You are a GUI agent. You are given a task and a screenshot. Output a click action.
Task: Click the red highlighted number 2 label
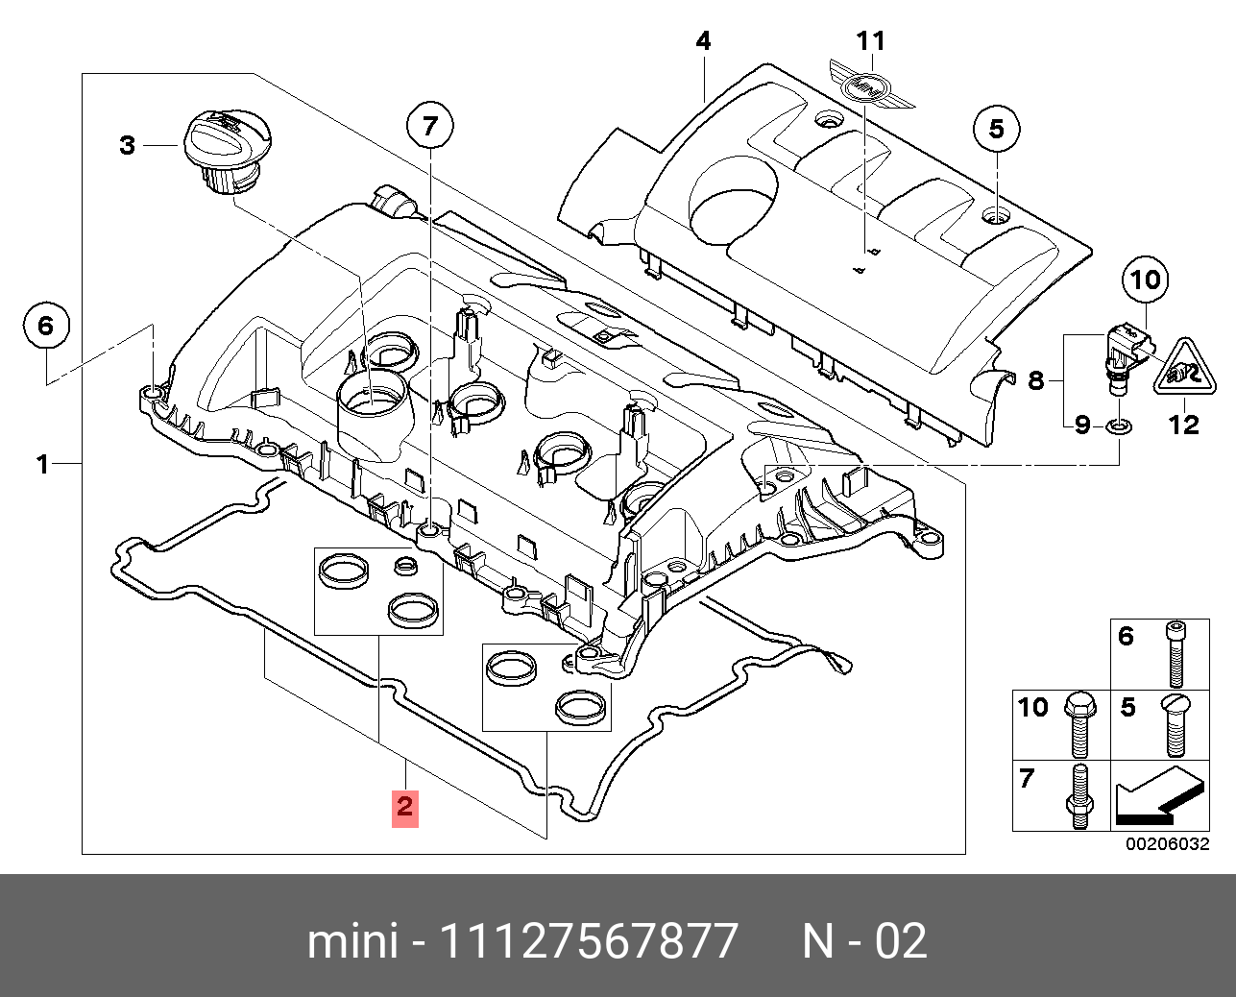pos(404,807)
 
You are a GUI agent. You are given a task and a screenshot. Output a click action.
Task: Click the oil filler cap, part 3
pos(226,152)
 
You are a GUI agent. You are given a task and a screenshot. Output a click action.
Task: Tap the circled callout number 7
pos(429,125)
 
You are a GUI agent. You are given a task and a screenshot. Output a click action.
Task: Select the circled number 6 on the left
pos(46,327)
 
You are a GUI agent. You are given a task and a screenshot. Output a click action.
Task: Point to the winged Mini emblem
pos(870,86)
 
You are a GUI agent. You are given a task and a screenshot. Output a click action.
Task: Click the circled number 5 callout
pos(996,129)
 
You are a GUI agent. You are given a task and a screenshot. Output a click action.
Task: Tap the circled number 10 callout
pos(1145,280)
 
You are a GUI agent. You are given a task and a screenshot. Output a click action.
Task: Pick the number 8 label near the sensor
pos(1035,381)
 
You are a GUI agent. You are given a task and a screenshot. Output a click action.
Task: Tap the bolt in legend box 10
pos(1075,724)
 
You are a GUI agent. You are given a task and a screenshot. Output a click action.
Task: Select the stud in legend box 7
pos(1076,796)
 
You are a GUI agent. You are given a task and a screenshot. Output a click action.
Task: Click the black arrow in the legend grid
pos(1155,798)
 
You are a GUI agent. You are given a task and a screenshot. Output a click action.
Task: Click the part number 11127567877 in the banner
pos(589,941)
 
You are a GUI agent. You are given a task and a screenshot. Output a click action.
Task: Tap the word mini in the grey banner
pos(351,941)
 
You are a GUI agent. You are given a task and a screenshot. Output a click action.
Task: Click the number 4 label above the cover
pos(703,41)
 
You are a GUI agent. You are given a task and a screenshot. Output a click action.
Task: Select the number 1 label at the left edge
pos(42,465)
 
